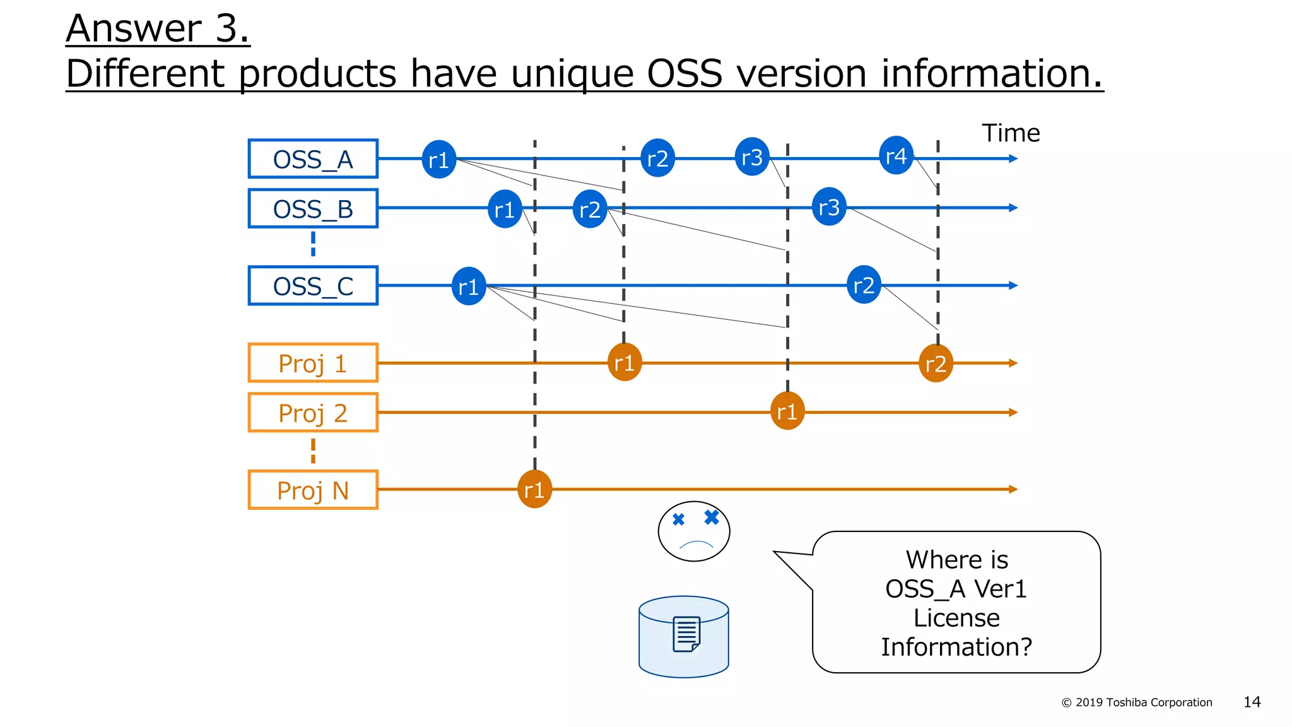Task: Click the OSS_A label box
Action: tap(313, 159)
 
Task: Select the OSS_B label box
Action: tap(313, 209)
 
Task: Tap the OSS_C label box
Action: tap(313, 286)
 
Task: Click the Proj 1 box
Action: tap(313, 363)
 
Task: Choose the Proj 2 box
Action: tap(313, 413)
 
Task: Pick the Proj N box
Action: tap(313, 490)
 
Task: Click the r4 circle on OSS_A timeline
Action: tap(896, 156)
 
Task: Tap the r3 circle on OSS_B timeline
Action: tap(829, 207)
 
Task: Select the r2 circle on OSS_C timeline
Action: tap(864, 285)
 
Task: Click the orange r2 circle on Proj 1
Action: tap(936, 363)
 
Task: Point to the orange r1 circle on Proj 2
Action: tap(787, 411)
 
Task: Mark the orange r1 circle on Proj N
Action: tap(534, 490)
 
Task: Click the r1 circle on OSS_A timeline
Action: tap(438, 160)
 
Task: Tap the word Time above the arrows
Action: tap(1011, 133)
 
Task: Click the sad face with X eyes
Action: tap(694, 531)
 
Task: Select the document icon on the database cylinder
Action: tap(686, 634)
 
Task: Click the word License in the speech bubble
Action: tap(956, 618)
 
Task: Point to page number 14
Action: tap(1252, 702)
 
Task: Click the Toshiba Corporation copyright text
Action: tap(1137, 702)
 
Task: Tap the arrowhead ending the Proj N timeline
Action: tap(1013, 489)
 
